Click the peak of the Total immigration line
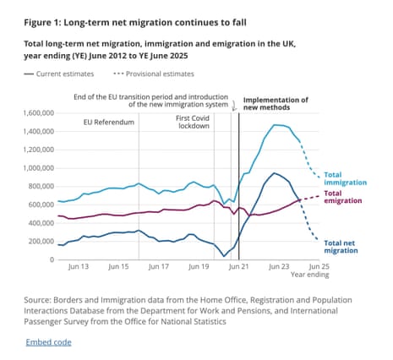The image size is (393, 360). [x=276, y=125]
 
